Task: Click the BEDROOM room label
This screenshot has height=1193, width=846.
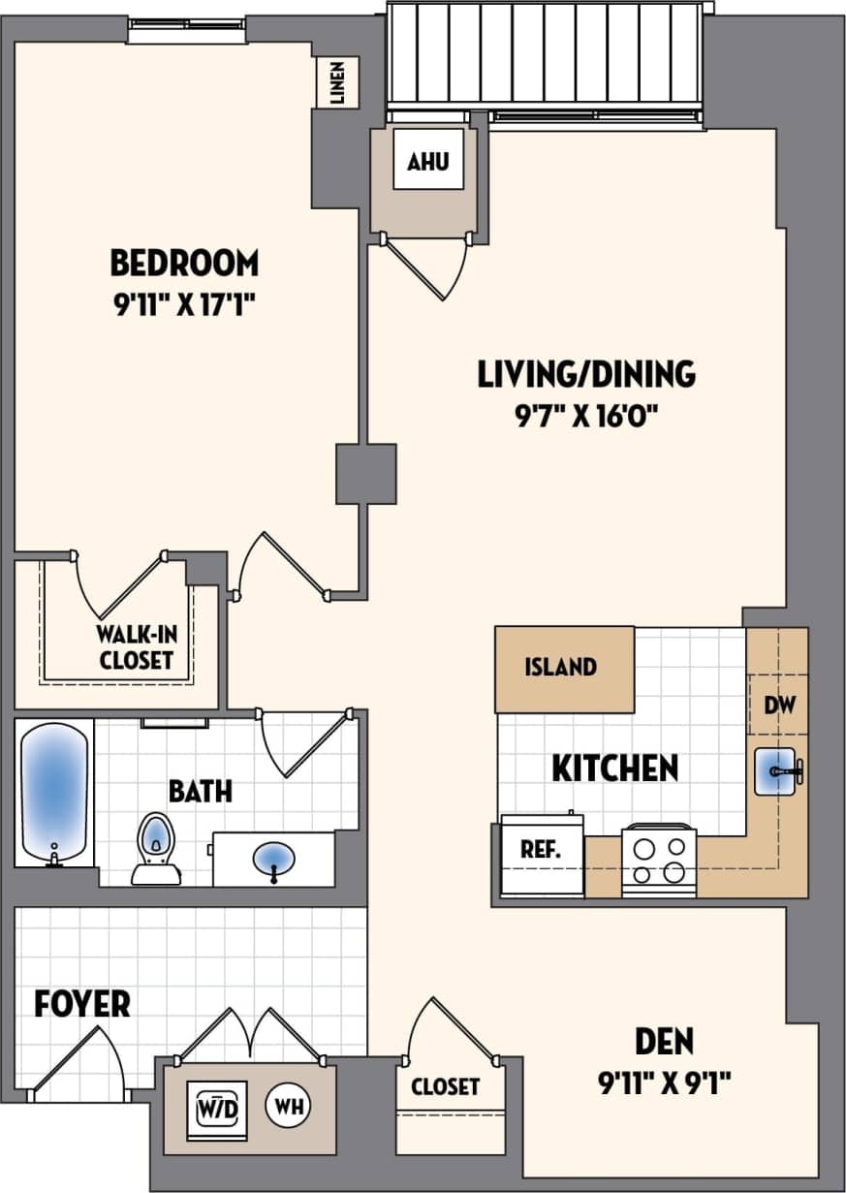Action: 184,263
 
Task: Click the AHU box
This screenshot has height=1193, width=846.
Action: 427,162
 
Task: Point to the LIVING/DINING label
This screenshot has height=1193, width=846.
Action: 586,374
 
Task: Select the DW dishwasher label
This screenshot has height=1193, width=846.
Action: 779,705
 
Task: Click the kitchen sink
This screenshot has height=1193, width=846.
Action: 777,771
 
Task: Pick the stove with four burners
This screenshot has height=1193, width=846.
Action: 659,860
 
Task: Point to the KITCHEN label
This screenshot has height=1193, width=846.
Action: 614,769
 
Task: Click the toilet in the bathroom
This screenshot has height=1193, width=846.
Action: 155,849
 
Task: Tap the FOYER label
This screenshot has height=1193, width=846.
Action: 82,1004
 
